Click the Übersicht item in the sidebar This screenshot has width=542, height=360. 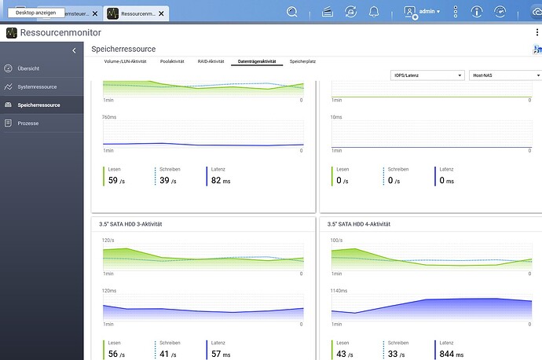28,68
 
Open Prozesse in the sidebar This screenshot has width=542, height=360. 28,123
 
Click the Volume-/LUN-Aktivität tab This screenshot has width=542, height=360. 126,61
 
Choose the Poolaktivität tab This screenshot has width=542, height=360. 172,61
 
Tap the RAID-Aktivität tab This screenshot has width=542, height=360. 211,61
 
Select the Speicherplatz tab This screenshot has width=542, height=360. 302,61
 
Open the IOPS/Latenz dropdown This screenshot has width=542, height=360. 427,75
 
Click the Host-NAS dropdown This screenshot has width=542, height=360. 505,75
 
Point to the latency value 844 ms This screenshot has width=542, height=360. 451,354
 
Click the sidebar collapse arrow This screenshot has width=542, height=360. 74,50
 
